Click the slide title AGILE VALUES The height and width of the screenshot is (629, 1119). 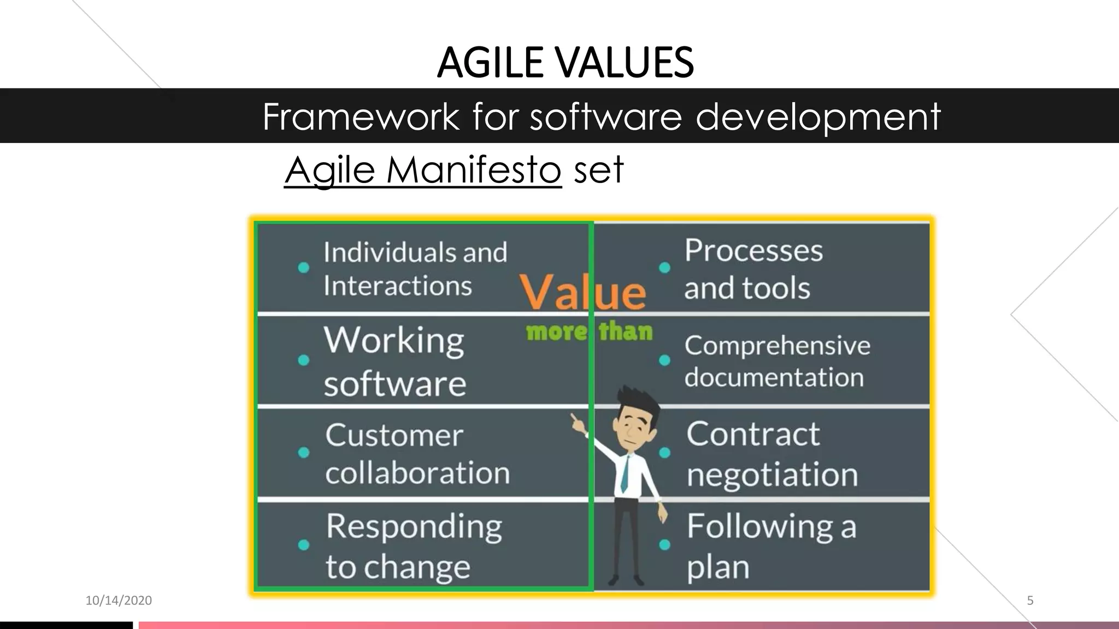(565, 62)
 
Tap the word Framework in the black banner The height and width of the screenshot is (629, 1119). (361, 116)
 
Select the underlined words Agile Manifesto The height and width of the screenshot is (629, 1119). (422, 170)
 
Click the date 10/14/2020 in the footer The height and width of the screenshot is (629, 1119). (119, 601)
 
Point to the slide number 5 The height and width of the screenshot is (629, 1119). (1030, 601)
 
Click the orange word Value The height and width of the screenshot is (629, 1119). (582, 292)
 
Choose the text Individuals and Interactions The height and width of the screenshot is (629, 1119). (415, 269)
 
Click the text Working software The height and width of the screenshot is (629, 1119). (394, 361)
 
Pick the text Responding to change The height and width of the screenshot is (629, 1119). (414, 545)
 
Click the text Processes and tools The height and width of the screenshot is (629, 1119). (753, 269)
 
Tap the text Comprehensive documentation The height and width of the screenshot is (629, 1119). (776, 361)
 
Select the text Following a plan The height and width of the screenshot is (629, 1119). (771, 545)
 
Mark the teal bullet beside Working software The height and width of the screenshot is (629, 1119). (304, 360)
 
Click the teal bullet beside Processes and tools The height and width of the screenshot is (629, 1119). (664, 268)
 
